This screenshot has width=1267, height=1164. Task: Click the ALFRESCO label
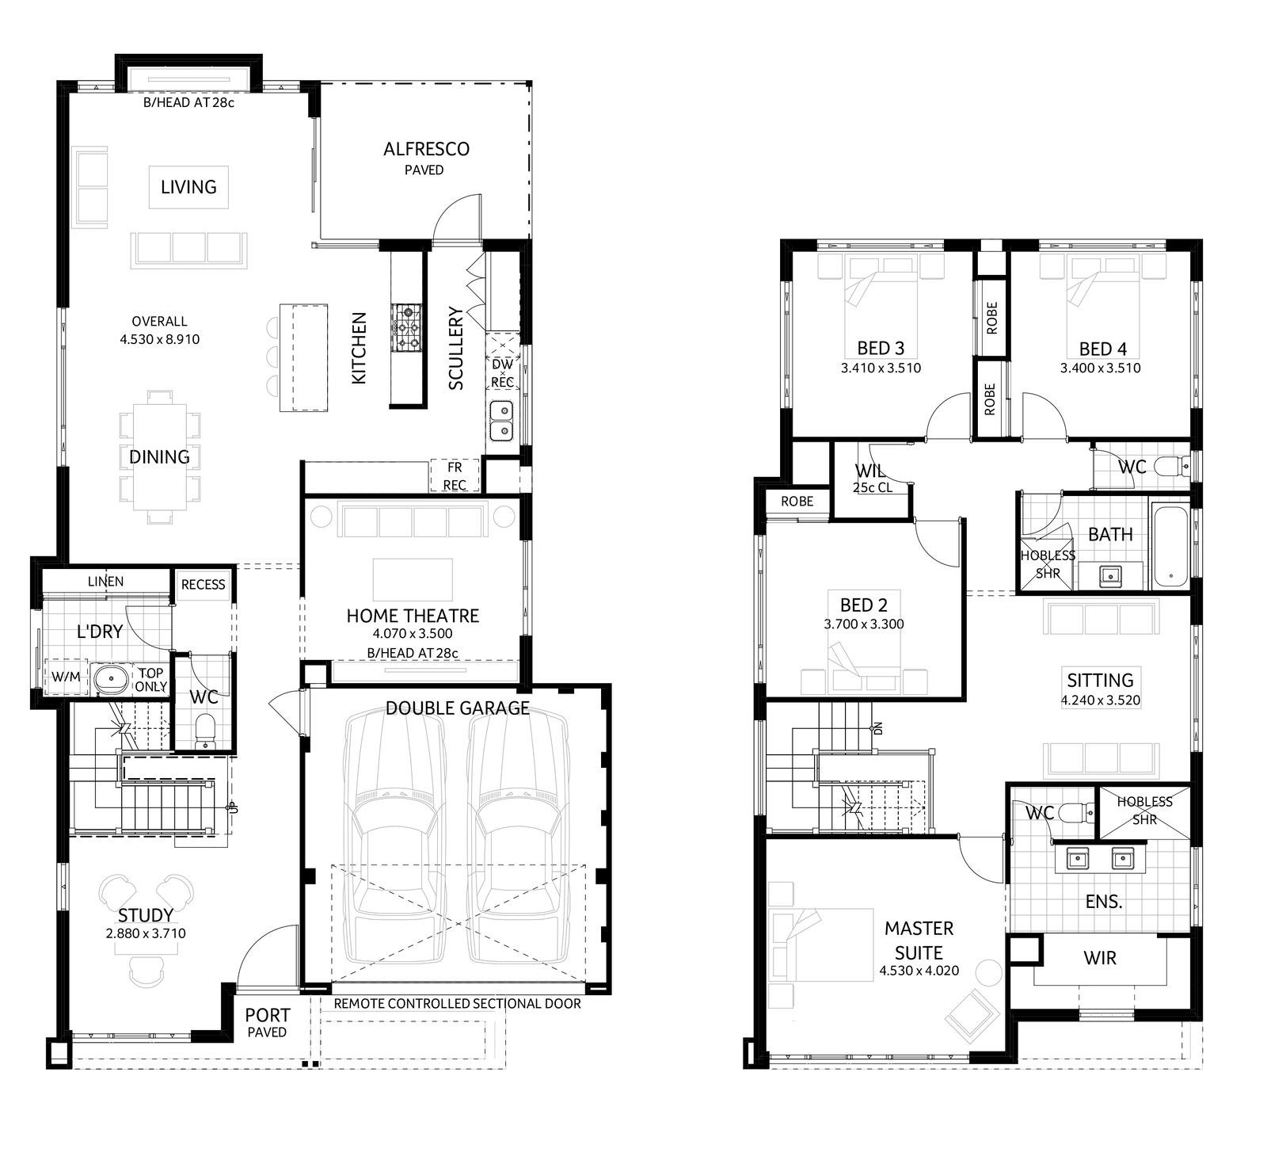click(x=426, y=149)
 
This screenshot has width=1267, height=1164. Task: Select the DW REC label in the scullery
click(x=503, y=373)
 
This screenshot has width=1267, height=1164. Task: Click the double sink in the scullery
click(x=501, y=421)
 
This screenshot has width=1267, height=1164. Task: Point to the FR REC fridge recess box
click(x=455, y=476)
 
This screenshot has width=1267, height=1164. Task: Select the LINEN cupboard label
click(x=105, y=582)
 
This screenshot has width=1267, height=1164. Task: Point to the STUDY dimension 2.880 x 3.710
click(x=146, y=933)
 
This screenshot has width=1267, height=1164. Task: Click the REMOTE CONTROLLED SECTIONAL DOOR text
click(x=457, y=1004)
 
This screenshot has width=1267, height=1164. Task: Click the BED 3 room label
click(x=881, y=348)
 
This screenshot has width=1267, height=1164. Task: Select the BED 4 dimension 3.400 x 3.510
click(x=1101, y=368)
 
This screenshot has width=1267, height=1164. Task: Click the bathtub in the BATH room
click(x=1169, y=546)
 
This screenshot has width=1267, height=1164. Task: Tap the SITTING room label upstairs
click(x=1100, y=680)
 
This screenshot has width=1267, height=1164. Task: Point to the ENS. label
click(x=1104, y=902)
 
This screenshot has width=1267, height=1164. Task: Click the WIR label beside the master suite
click(x=1100, y=958)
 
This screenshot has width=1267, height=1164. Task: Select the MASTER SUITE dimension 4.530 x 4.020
click(x=919, y=971)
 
